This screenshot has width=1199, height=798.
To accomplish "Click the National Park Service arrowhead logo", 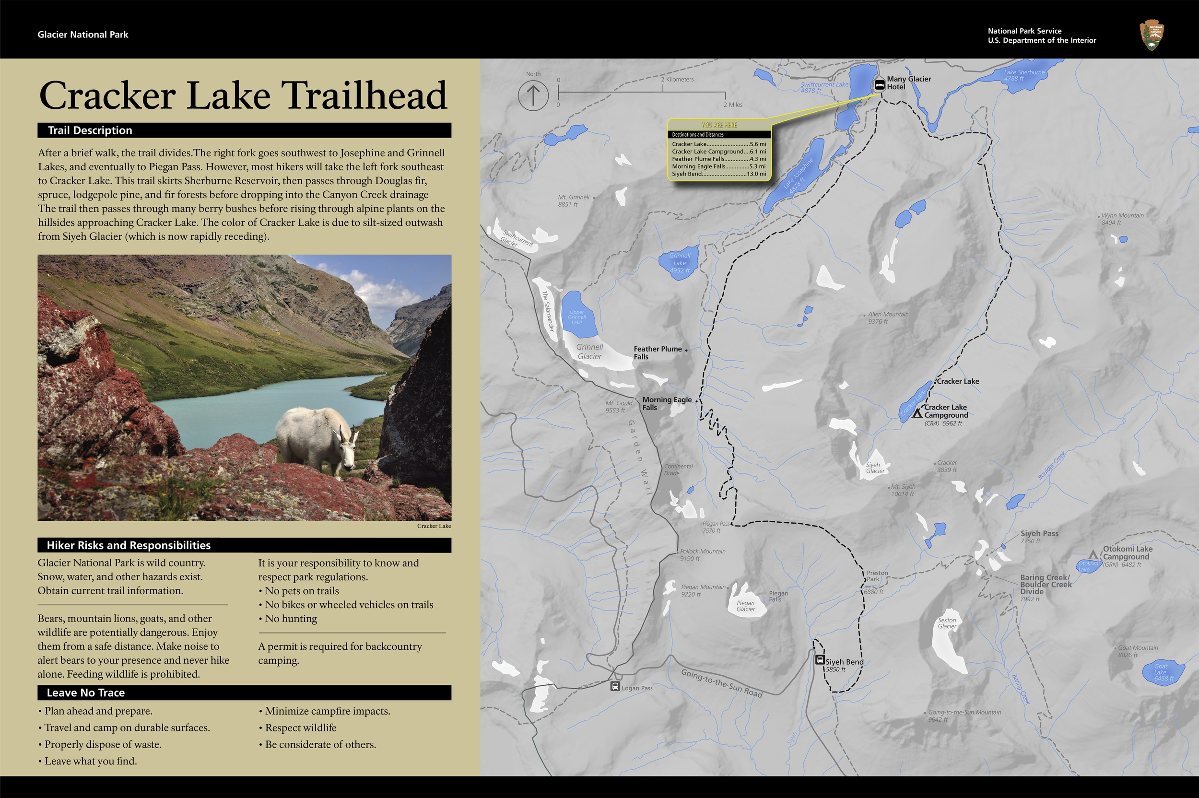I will click(x=1152, y=35).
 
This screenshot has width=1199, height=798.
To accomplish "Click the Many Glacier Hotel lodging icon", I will click(x=879, y=84).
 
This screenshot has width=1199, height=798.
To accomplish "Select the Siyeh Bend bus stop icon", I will click(x=819, y=660).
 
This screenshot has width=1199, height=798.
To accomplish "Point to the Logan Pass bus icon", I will click(x=615, y=687).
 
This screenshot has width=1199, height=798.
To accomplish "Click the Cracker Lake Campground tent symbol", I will click(x=917, y=414).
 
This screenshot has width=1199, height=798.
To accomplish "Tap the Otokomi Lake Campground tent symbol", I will click(x=1093, y=554).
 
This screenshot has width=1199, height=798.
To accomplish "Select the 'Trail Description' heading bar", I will click(x=244, y=130).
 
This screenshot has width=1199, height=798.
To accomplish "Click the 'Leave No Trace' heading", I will click(x=85, y=692).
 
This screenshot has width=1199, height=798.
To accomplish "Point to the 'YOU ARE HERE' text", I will click(x=718, y=125).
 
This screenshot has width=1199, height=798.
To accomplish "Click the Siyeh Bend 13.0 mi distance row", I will click(x=718, y=174).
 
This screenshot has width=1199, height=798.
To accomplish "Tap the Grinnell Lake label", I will click(x=680, y=263).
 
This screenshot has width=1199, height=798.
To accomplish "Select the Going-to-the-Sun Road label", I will click(x=721, y=683).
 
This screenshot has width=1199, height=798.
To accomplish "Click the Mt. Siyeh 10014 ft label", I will click(x=903, y=490).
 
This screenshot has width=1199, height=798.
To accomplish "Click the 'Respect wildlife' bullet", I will click(x=300, y=728).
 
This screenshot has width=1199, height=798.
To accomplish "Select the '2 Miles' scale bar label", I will click(x=733, y=105).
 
